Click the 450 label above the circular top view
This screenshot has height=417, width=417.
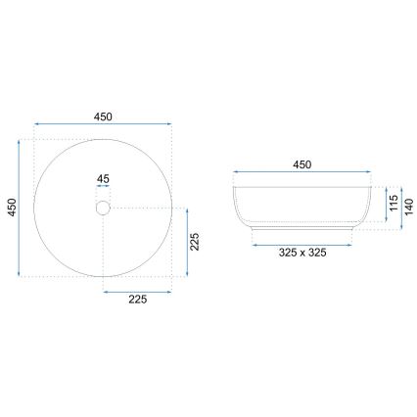coord(103,116)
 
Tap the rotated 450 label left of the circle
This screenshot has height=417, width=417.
coord(11,208)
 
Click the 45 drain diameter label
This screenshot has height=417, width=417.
coord(103,179)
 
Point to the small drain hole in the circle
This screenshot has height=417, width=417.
coord(103,208)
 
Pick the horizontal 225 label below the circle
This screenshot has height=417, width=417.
coord(137,301)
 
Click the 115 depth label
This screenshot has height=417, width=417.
coord(393,204)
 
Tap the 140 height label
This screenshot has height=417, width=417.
coord(410,206)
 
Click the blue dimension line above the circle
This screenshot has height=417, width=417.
coord(103,125)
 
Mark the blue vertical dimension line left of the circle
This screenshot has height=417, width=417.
coord(20,208)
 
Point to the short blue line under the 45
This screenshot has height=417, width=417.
coord(103,189)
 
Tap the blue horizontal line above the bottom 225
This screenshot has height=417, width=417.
coord(137,291)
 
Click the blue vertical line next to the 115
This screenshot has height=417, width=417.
coord(384,204)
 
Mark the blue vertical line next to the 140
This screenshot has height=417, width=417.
coord(401,206)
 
